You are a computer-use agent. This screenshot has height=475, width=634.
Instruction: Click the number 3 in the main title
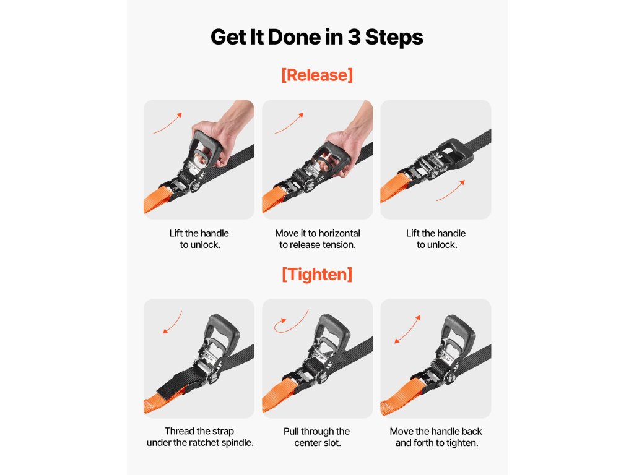click(x=354, y=37)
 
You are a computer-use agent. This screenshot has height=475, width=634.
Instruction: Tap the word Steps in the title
click(x=394, y=38)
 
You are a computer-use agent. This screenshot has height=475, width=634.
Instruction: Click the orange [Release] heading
click(x=317, y=75)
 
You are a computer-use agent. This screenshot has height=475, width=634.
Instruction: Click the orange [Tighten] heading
click(x=317, y=274)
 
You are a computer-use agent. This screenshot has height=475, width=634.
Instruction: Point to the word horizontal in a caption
click(x=339, y=233)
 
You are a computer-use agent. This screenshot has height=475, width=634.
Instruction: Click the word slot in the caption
click(x=332, y=443)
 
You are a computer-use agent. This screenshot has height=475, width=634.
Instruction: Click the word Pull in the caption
click(x=291, y=431)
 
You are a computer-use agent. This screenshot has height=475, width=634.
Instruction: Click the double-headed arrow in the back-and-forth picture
click(x=407, y=329)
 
